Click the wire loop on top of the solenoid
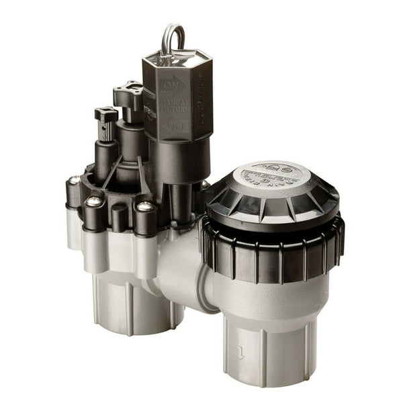[173, 38]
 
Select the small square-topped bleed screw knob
[105, 116]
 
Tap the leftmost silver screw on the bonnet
[73, 181]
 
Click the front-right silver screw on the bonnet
[144, 207]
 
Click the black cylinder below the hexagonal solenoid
[168, 161]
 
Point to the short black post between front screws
[119, 218]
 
